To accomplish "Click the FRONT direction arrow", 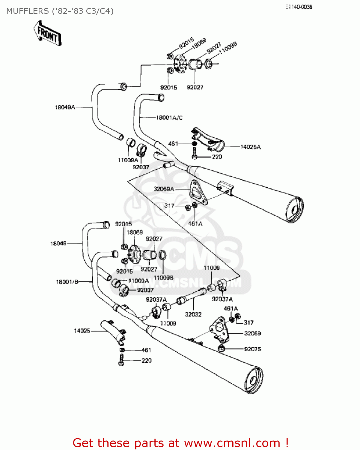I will point(47,33).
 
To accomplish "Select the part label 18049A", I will point(65,107).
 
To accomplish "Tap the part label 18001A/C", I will point(169,118).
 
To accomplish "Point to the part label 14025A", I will point(250,147).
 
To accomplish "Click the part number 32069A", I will point(164,189).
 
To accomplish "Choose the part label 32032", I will point(193,314).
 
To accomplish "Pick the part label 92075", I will point(252,349).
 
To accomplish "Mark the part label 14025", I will point(82,331).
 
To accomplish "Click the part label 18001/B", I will point(67,282).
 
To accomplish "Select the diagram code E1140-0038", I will point(299,7).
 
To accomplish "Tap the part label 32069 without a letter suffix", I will point(252,333).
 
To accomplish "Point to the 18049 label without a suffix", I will point(58,244).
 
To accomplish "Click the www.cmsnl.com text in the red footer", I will point(232,443).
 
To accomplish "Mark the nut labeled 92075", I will point(221,348).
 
